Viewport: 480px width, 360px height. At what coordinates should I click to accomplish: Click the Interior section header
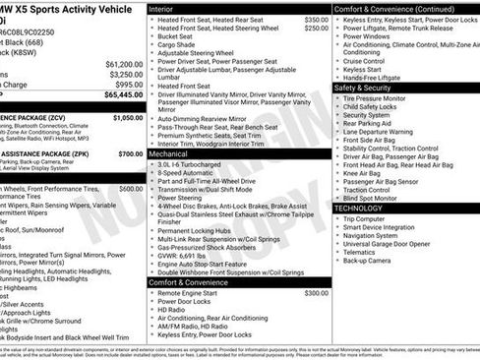click(161, 8)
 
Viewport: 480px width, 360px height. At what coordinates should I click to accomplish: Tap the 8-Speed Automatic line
click(185, 173)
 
